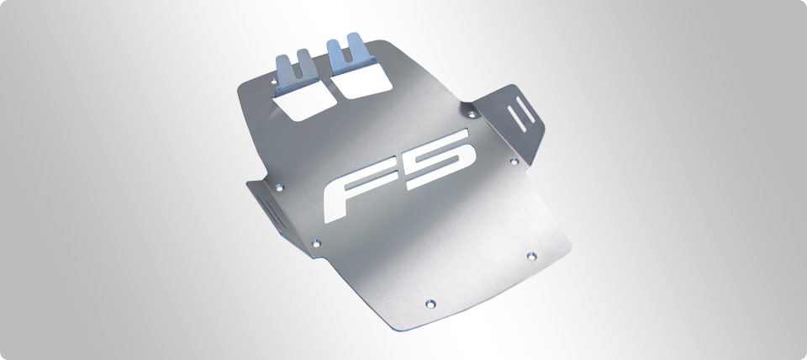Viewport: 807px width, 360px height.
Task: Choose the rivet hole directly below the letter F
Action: [316, 245]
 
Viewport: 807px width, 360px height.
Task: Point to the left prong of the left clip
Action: [282, 63]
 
